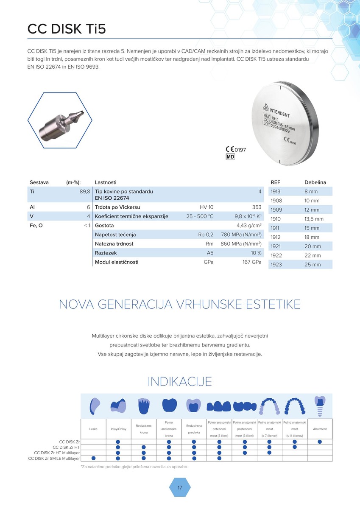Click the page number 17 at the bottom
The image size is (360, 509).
[180, 488]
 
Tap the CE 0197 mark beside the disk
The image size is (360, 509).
[236, 149]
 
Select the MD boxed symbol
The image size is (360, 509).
[230, 157]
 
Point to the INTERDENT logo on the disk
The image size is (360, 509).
[276, 111]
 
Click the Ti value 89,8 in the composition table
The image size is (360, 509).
[85, 192]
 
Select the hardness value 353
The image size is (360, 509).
[257, 207]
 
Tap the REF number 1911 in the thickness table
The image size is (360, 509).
[276, 228]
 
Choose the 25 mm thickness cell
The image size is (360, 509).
[313, 265]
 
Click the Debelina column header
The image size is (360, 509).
[315, 182]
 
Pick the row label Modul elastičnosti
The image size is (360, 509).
[117, 262]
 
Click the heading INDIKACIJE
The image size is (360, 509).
[180, 381]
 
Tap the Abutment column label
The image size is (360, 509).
[320, 429]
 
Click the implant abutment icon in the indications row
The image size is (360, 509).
[319, 405]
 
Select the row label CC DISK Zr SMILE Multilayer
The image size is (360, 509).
[54, 459]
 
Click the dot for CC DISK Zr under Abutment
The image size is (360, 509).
[320, 442]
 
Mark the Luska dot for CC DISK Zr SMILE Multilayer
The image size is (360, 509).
[93, 458]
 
